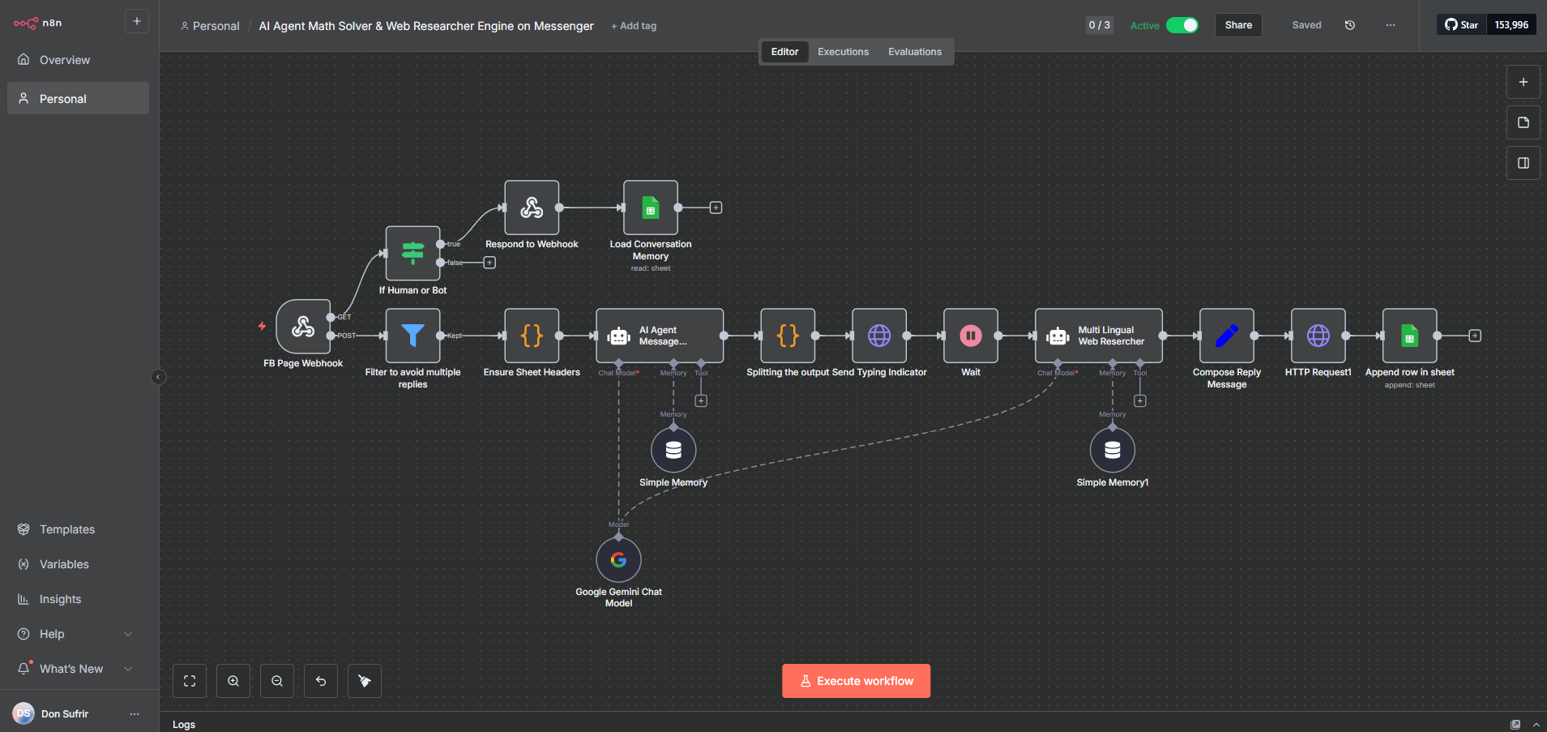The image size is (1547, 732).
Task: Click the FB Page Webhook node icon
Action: [303, 327]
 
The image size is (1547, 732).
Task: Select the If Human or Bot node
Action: [412, 254]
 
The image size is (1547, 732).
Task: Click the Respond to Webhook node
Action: [532, 208]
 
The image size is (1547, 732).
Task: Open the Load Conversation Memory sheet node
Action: [650, 208]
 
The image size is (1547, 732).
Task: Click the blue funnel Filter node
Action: [412, 336]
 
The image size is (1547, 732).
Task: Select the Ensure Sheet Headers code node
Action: [532, 336]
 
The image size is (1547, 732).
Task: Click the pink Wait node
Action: [970, 336]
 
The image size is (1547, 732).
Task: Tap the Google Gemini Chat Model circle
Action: [618, 559]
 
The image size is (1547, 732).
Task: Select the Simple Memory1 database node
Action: [1112, 450]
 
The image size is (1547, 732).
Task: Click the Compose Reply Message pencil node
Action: [1226, 336]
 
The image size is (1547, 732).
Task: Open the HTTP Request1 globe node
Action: [1318, 336]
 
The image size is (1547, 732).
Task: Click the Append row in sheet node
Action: [1409, 336]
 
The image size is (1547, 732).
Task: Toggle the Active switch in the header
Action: [1182, 25]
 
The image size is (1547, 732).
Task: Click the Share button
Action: [1237, 25]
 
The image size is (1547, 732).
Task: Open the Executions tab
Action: [843, 52]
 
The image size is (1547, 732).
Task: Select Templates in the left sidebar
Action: [67, 529]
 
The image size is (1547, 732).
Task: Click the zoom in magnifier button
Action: [233, 681]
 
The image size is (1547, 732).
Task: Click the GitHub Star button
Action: [1461, 25]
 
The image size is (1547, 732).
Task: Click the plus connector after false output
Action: [489, 263]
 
